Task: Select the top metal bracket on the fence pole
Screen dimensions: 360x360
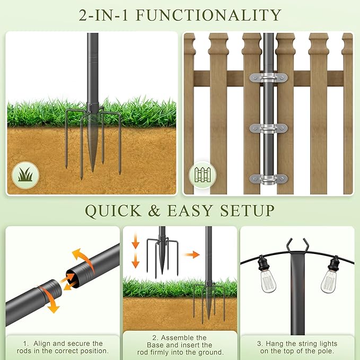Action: pyautogui.click(x=268, y=78)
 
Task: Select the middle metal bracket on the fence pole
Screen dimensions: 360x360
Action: pyautogui.click(x=268, y=128)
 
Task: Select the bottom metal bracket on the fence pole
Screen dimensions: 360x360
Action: pyautogui.click(x=268, y=179)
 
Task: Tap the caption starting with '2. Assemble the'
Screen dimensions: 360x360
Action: pyautogui.click(x=180, y=344)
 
